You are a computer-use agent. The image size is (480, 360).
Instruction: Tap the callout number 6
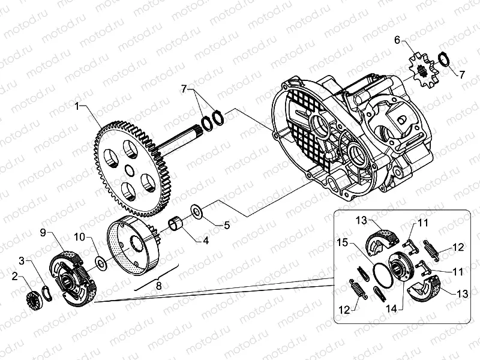pos(397,40)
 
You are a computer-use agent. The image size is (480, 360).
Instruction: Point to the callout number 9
pos(44,232)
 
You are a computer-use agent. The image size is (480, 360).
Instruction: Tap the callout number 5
pos(227,226)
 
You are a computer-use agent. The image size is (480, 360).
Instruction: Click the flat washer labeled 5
pos(196,211)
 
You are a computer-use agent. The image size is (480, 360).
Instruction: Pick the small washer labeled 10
pos(101,262)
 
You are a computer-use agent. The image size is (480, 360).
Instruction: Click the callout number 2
pos(15,277)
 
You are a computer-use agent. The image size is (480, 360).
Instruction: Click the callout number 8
pos(159,286)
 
